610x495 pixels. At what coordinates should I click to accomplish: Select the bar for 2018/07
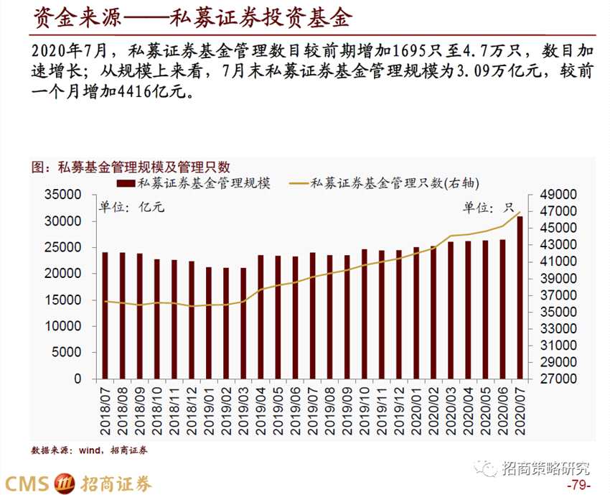pyautogui.click(x=105, y=315)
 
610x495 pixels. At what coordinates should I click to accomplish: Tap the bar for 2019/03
pyautogui.click(x=243, y=323)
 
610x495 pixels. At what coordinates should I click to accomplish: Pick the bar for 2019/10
pyautogui.click(x=364, y=314)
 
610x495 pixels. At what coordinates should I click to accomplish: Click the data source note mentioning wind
pyautogui.click(x=89, y=450)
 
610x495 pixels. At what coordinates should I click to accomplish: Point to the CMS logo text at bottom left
pyautogui.click(x=29, y=483)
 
